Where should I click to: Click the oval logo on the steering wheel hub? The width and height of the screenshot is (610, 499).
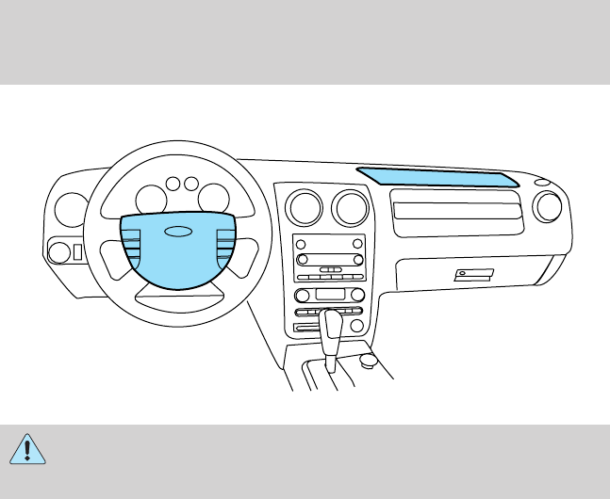click(x=176, y=232)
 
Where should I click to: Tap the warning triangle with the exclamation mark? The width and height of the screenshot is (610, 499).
click(x=28, y=448)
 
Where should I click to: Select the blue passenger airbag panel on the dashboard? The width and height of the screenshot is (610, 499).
click(x=437, y=176)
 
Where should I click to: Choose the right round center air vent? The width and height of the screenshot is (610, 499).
click(x=348, y=206)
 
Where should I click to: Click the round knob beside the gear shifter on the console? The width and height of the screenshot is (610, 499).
click(x=369, y=359)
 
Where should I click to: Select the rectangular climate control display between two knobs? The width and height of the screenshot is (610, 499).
click(x=329, y=295)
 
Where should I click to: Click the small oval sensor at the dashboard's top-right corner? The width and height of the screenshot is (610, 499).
click(x=540, y=182)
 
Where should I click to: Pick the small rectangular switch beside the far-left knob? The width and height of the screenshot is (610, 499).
click(x=77, y=252)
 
